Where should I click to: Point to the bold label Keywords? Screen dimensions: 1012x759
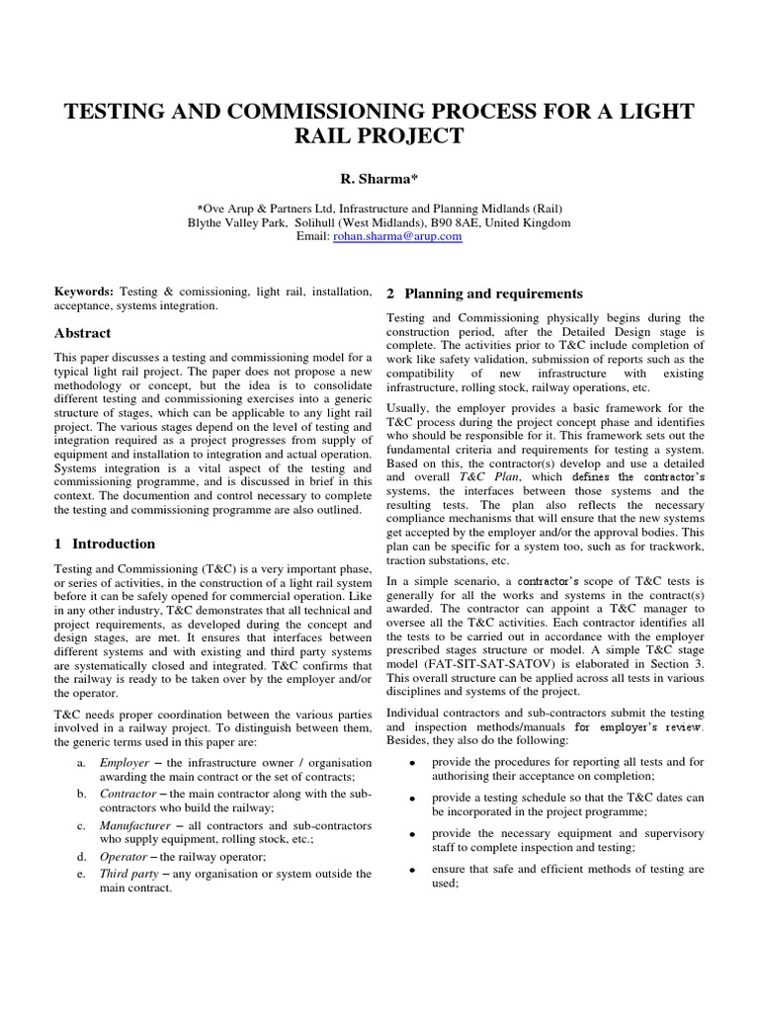pos(84,293)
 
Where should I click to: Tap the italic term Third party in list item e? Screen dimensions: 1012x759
pos(129,874)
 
